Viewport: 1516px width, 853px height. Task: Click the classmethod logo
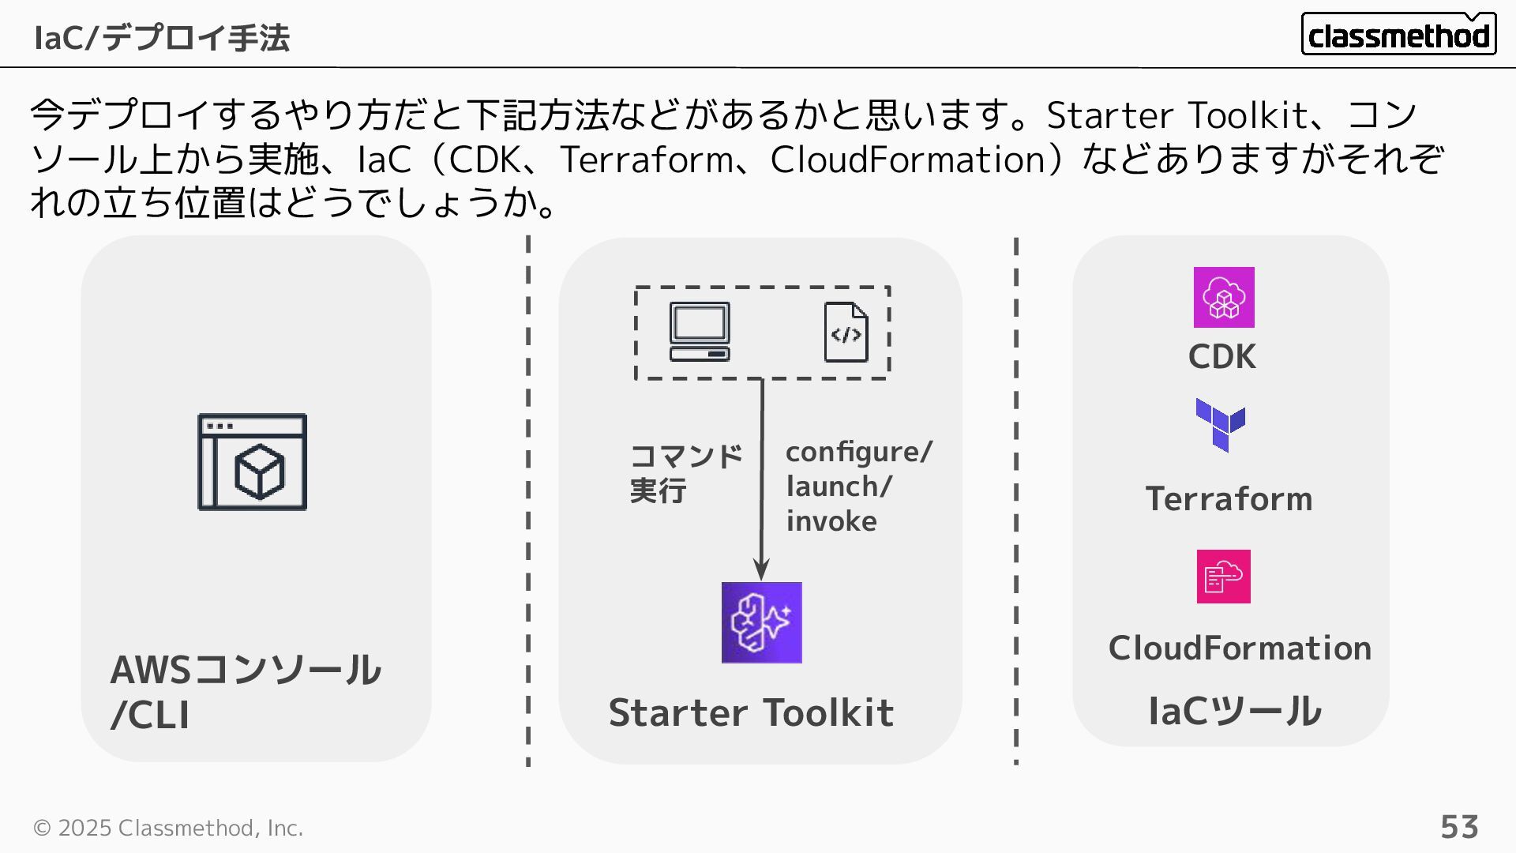click(1398, 35)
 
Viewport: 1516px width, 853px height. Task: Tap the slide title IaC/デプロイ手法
click(162, 38)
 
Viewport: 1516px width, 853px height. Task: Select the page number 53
click(1459, 827)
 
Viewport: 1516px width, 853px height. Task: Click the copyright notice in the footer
click(168, 828)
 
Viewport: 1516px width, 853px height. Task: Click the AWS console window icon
click(252, 462)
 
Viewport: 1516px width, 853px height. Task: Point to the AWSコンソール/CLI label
click(245, 692)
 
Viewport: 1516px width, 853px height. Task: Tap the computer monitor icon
click(700, 332)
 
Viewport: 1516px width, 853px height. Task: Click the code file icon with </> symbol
click(846, 333)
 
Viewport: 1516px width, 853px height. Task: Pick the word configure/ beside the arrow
click(858, 452)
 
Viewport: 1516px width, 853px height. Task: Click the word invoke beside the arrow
click(831, 521)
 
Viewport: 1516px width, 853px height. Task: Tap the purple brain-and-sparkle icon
click(761, 622)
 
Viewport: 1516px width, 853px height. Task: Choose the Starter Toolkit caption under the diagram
click(751, 712)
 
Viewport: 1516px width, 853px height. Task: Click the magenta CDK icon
click(1223, 298)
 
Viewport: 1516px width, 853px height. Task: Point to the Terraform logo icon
click(1220, 425)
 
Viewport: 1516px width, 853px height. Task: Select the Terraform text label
click(1229, 499)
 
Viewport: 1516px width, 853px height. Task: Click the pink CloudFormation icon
click(1223, 577)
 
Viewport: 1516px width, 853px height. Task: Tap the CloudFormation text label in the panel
click(1240, 648)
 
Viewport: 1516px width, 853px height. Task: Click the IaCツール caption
click(1234, 711)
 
